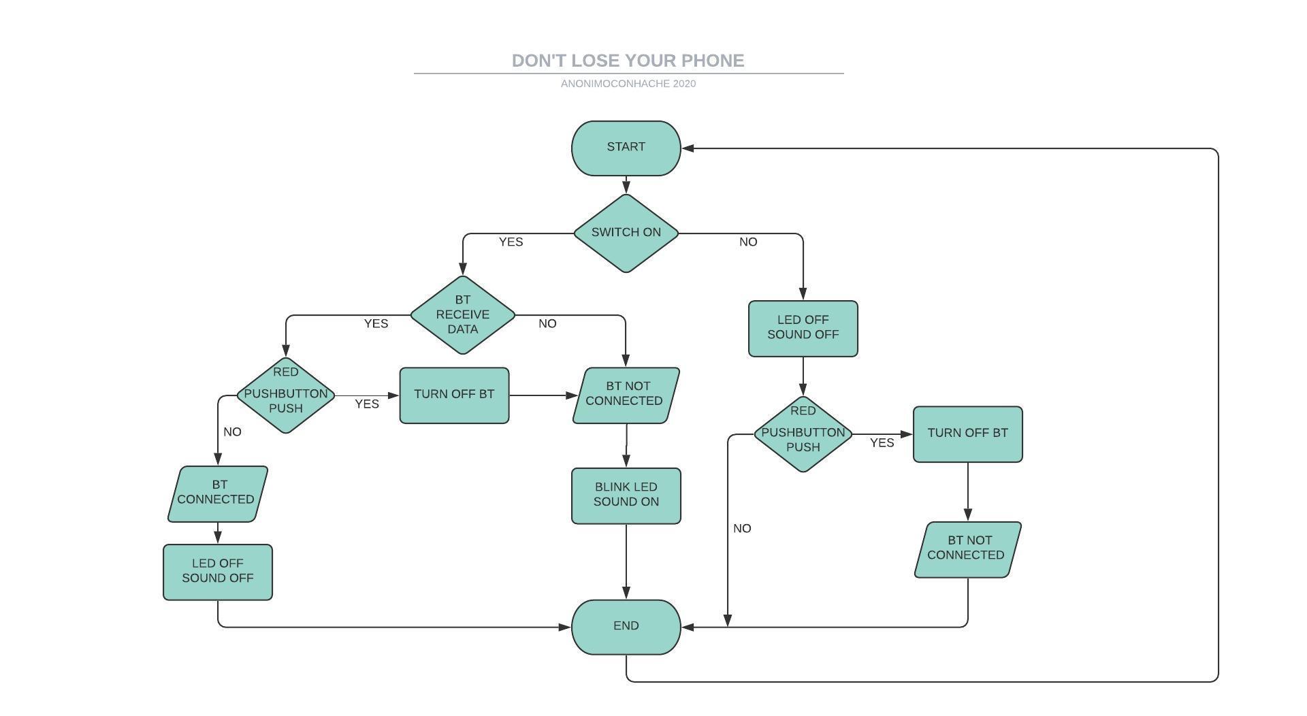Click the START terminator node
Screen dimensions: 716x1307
tap(626, 148)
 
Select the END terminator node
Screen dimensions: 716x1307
tap(626, 626)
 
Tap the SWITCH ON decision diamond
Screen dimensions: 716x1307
tap(626, 233)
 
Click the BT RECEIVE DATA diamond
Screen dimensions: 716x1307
tap(463, 314)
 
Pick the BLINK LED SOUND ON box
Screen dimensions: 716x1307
tap(626, 495)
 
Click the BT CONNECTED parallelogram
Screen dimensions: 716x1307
tap(217, 493)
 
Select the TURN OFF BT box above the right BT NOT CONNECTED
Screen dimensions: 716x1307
tap(967, 434)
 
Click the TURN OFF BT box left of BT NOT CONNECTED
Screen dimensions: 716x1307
tap(454, 395)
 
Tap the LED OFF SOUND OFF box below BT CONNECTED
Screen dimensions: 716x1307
tap(217, 571)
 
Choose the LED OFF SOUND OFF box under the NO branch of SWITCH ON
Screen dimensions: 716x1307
tap(803, 328)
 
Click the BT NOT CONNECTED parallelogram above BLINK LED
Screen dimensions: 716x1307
tap(626, 395)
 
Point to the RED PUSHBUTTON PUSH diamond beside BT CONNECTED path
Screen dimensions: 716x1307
tap(286, 395)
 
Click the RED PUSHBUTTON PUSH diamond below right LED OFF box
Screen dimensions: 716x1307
tap(803, 434)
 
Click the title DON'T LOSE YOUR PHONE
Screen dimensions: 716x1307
tap(628, 61)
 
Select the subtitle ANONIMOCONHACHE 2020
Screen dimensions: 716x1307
tap(628, 84)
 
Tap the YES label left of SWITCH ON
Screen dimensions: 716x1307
tap(511, 242)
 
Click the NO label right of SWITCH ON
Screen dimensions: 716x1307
tap(748, 242)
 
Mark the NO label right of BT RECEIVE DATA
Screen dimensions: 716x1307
tap(547, 324)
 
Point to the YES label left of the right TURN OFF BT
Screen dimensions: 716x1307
tap(882, 443)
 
